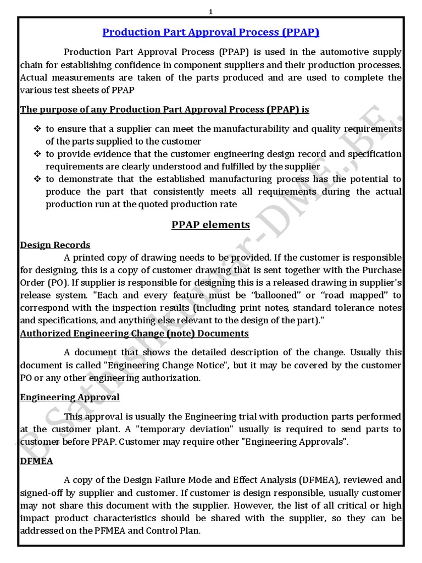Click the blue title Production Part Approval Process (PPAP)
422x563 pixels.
coord(211,32)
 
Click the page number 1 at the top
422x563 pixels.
coord(211,11)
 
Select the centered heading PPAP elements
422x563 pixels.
coord(211,224)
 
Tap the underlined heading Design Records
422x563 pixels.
coord(55,245)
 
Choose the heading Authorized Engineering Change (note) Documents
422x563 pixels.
coord(134,333)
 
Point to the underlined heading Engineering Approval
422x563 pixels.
coord(70,397)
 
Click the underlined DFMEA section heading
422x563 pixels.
coord(36,461)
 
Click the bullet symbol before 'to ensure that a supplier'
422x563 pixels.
coord(37,129)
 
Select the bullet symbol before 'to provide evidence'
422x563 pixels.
coord(37,154)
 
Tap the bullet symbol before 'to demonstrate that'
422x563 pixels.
coord(37,179)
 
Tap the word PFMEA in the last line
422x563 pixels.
coord(121,531)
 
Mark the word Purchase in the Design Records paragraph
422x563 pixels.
coord(381,270)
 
